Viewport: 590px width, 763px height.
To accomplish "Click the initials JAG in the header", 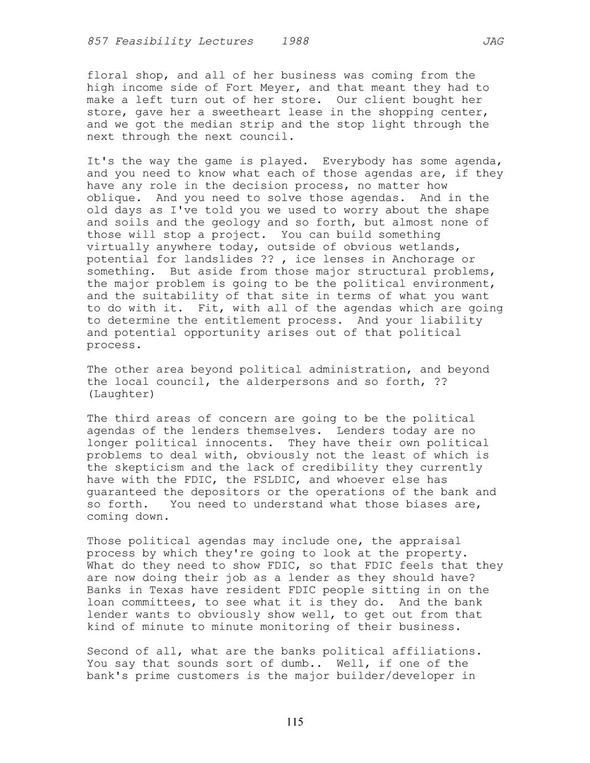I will pos(493,41).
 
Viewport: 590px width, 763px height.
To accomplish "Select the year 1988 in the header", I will pos(295,41).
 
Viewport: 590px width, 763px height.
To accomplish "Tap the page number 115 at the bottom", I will pos(295,722).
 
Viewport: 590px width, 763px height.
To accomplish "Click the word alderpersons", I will pos(288,381).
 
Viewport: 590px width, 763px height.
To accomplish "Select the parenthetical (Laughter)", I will pos(121,394).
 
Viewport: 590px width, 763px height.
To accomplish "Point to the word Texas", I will pos(167,590).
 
